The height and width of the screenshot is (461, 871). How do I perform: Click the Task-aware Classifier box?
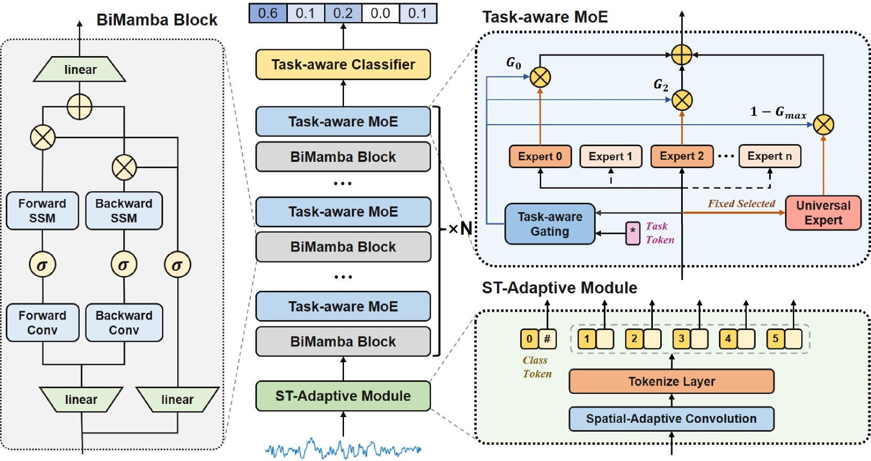click(343, 65)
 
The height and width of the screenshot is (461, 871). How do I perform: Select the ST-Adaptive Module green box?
click(343, 396)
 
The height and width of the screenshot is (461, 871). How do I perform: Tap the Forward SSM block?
click(42, 211)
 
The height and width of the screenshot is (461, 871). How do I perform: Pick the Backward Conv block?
click(124, 323)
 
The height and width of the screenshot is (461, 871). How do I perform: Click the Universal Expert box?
click(823, 213)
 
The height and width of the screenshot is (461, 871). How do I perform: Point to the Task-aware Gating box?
click(550, 224)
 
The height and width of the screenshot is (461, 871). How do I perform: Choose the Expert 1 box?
click(610, 157)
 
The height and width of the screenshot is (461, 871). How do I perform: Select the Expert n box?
click(769, 156)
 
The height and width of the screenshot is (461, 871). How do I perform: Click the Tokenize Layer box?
click(671, 381)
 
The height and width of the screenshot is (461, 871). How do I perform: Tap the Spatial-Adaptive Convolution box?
click(671, 419)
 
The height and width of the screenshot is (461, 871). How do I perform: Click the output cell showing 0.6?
click(268, 13)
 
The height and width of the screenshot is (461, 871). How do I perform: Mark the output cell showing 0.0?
click(380, 13)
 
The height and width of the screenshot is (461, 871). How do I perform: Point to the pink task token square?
click(633, 233)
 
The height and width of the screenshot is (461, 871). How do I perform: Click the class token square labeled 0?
click(529, 339)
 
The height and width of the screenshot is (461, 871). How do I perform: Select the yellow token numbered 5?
click(775, 339)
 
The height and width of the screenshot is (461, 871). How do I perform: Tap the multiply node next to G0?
click(540, 78)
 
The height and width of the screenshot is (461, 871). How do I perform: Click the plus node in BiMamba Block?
click(80, 107)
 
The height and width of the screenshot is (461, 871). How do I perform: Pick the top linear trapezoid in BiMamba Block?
click(80, 70)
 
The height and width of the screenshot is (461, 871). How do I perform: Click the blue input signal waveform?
click(343, 449)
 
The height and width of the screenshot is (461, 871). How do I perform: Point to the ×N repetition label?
click(460, 228)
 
